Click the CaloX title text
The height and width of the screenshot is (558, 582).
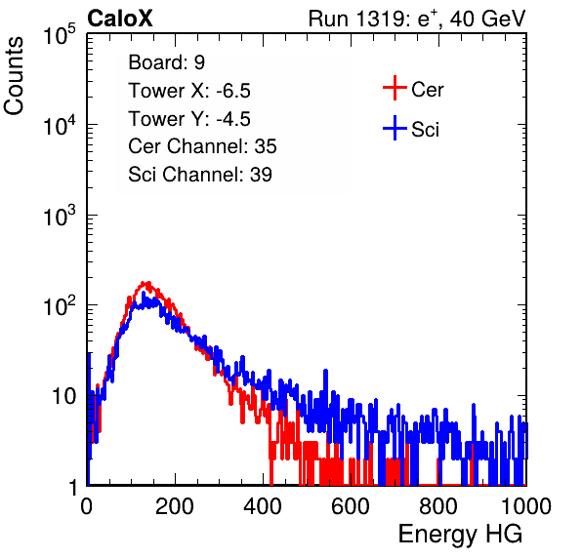coord(120,19)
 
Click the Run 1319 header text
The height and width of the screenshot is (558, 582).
coord(417,19)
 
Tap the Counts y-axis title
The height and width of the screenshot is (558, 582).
coord(14,76)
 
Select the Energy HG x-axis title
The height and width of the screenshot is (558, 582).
coord(460,535)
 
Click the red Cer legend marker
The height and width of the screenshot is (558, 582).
coord(395,88)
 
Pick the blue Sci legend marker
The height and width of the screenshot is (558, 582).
coord(395,129)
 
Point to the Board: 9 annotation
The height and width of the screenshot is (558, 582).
coord(166,62)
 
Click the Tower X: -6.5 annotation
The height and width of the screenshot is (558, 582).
coord(189,91)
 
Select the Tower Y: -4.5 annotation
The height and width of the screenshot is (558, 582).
coord(189,119)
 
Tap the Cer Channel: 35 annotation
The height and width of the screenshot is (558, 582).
coord(202,146)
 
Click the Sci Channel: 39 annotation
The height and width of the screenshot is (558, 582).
coord(200,175)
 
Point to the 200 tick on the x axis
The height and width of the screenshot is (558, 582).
coord(175,507)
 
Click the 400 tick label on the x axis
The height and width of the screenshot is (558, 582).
coord(263,507)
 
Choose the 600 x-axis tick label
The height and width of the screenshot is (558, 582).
coord(351,507)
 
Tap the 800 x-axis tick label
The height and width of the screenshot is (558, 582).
coord(438,507)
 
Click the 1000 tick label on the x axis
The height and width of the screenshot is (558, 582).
coord(526,507)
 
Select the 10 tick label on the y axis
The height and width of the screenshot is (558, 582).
coord(63,397)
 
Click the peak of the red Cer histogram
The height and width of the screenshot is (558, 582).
coord(147,284)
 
